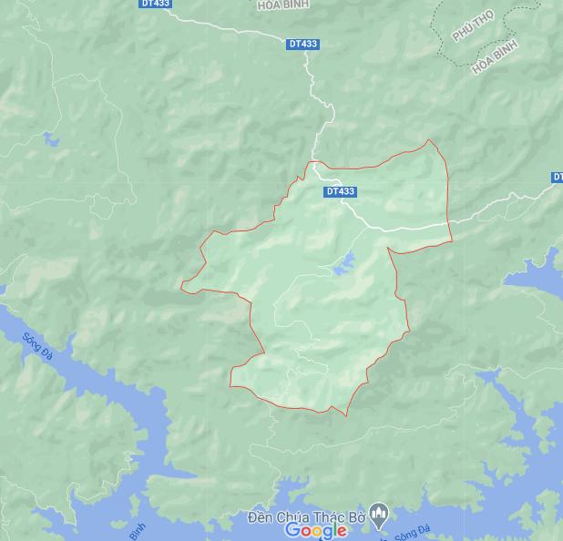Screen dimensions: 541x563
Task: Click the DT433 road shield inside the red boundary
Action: coord(340,191)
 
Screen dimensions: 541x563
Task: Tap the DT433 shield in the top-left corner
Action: coord(155,4)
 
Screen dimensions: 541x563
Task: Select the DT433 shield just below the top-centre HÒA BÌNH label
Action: coord(302,44)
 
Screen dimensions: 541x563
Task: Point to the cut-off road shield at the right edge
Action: coord(558,177)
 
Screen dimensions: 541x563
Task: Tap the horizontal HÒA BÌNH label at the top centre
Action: coord(283,5)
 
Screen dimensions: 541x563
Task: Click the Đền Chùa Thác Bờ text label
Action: coord(306,517)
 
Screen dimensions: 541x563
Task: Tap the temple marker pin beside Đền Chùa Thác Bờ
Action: coord(381,515)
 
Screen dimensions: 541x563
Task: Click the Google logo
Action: coord(315,530)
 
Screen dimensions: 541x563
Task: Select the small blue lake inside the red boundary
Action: coord(343,266)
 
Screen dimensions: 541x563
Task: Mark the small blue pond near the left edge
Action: coord(47,139)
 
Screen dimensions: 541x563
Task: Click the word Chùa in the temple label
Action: coord(295,517)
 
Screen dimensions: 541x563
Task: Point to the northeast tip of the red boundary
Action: coord(431,140)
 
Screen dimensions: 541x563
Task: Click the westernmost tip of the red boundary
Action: coord(181,286)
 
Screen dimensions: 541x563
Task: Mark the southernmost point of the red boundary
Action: coord(346,416)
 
